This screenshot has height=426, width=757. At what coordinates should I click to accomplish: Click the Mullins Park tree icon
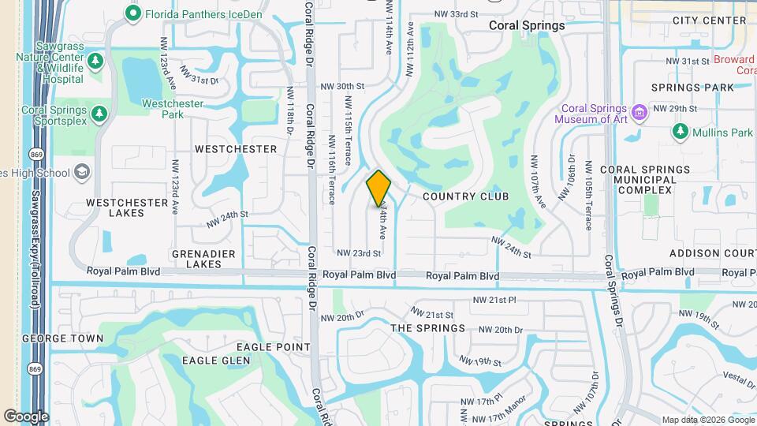(680, 132)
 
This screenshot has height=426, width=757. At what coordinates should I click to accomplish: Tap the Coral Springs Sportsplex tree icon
(99, 115)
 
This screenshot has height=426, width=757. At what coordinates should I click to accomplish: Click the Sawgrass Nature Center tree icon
(95, 61)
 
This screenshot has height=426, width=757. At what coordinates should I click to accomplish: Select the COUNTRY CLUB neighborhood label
(465, 196)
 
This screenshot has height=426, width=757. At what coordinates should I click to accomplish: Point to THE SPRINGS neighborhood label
(428, 328)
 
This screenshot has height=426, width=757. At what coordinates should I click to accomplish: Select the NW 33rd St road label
(457, 14)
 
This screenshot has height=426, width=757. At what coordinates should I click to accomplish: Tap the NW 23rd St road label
(359, 253)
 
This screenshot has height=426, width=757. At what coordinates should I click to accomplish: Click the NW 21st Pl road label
(494, 300)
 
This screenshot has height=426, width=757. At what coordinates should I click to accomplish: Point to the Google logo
(26, 416)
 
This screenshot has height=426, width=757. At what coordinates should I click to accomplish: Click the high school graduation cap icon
(82, 173)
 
